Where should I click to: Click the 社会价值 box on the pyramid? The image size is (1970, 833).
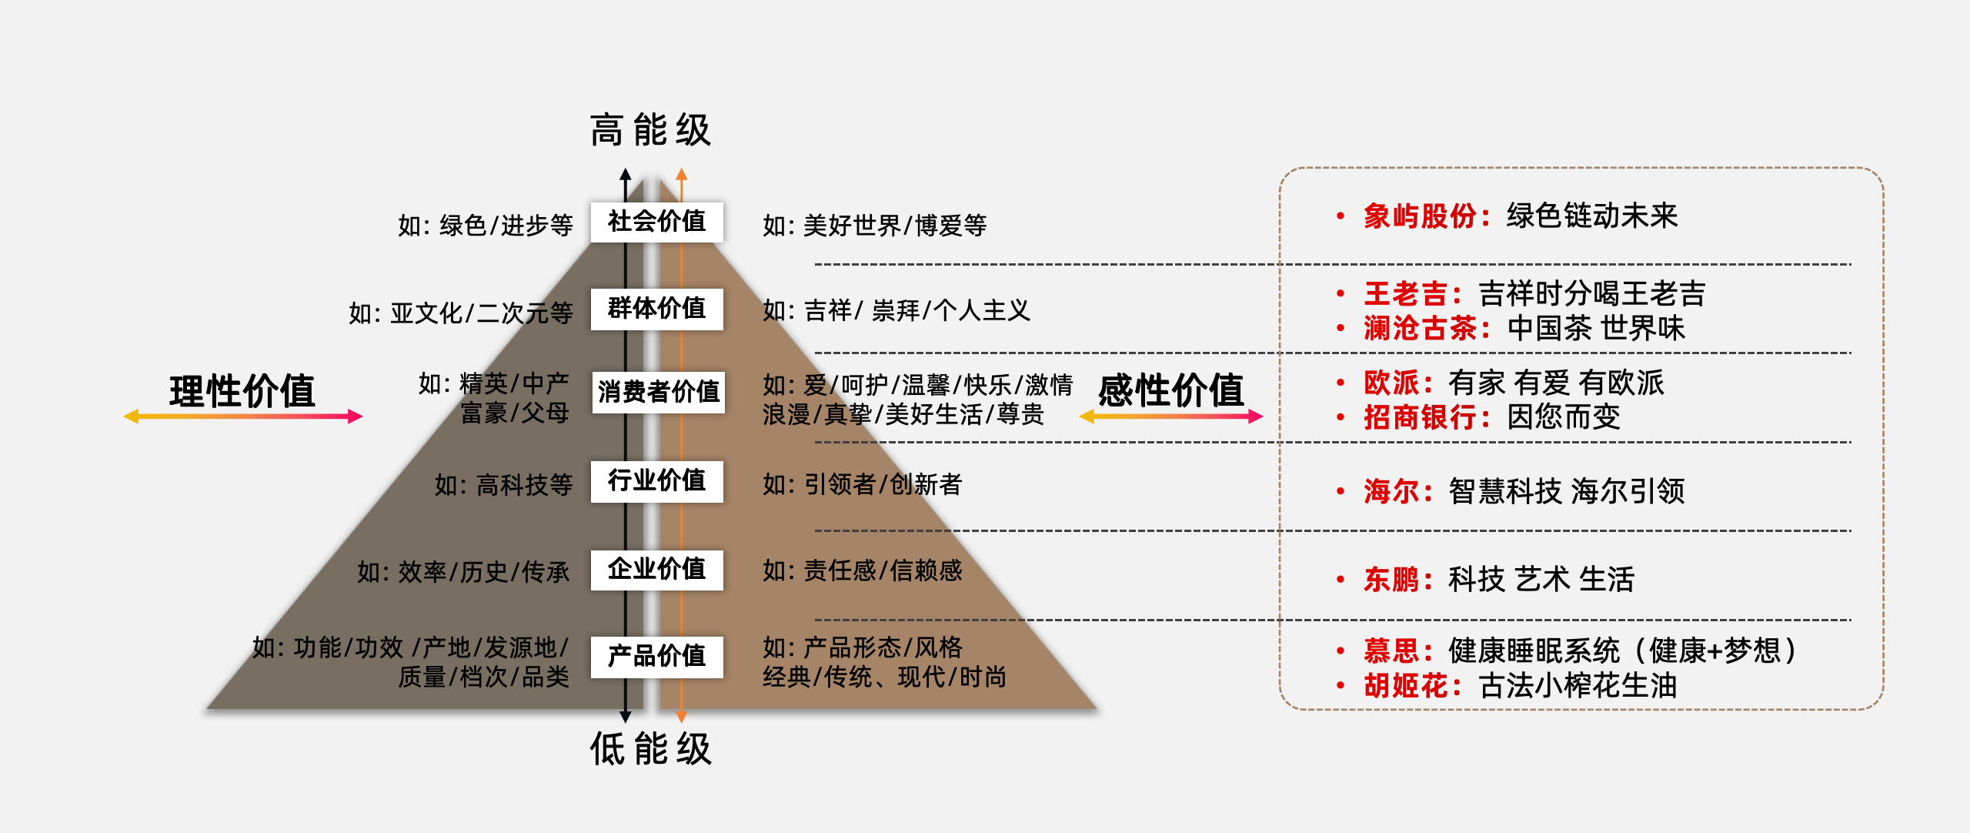(x=656, y=222)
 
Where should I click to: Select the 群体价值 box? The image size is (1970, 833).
(x=656, y=309)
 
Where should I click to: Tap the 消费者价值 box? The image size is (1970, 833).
(x=658, y=392)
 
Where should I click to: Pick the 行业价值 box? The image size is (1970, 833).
(x=656, y=481)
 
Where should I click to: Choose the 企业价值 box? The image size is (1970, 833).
(x=656, y=570)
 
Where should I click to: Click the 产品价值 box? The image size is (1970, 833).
(x=656, y=657)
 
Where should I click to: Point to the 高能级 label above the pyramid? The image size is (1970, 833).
(x=651, y=129)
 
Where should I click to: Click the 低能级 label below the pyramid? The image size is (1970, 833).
(x=651, y=748)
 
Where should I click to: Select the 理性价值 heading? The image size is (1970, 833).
(x=242, y=390)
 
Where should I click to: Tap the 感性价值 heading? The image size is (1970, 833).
(x=1171, y=390)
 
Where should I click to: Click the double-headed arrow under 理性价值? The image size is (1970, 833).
(x=243, y=416)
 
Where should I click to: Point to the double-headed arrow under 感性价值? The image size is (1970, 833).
(x=1171, y=416)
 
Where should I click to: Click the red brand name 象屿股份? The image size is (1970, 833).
(x=1420, y=216)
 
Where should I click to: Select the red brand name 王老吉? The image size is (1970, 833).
(x=1406, y=293)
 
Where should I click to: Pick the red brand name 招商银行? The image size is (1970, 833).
(x=1420, y=417)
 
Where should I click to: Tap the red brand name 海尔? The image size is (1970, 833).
(x=1391, y=490)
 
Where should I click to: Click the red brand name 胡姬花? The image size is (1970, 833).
(x=1406, y=685)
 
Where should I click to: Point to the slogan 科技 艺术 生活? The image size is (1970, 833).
(x=1541, y=579)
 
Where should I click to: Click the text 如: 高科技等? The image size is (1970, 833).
(x=504, y=485)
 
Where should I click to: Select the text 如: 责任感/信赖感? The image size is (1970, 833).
(x=863, y=570)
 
